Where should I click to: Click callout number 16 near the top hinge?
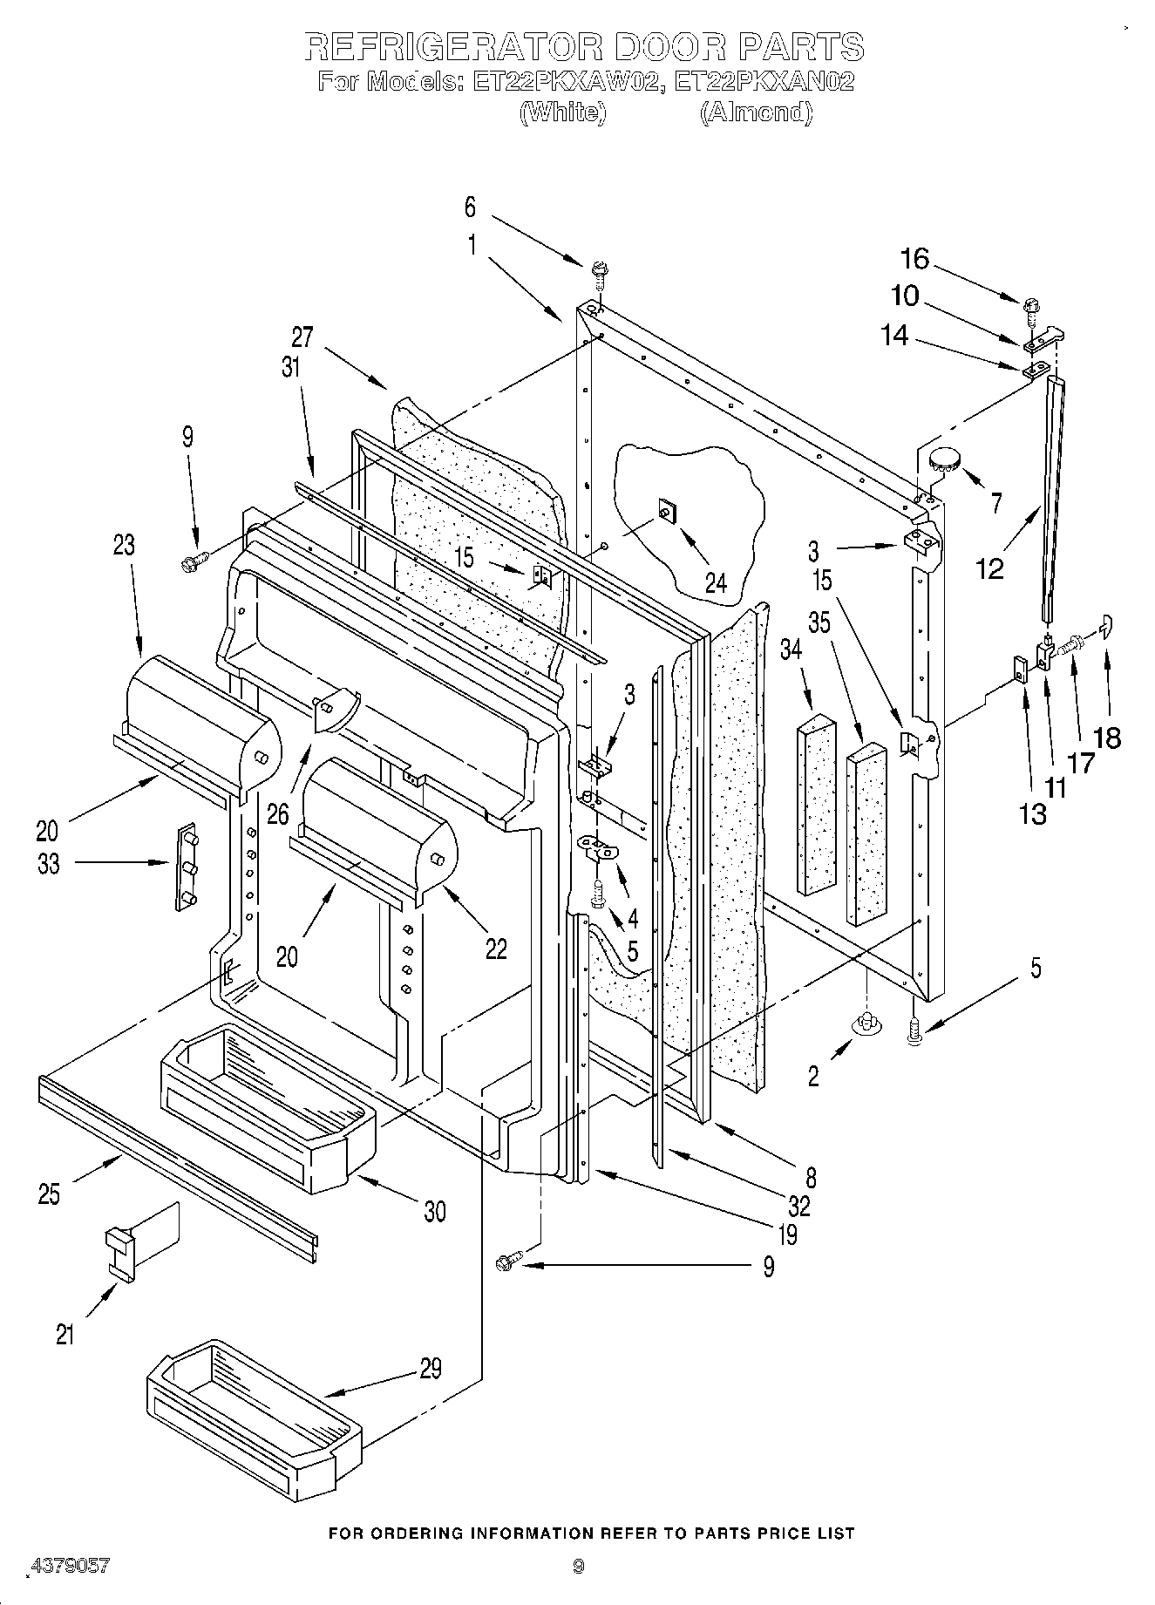[914, 259]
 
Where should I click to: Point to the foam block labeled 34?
[815, 804]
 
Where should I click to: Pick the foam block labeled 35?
[865, 834]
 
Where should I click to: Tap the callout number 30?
[434, 1211]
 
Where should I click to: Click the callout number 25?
[49, 1194]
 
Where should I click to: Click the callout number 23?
[124, 545]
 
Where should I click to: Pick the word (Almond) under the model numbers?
[756, 112]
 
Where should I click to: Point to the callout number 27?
[302, 337]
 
